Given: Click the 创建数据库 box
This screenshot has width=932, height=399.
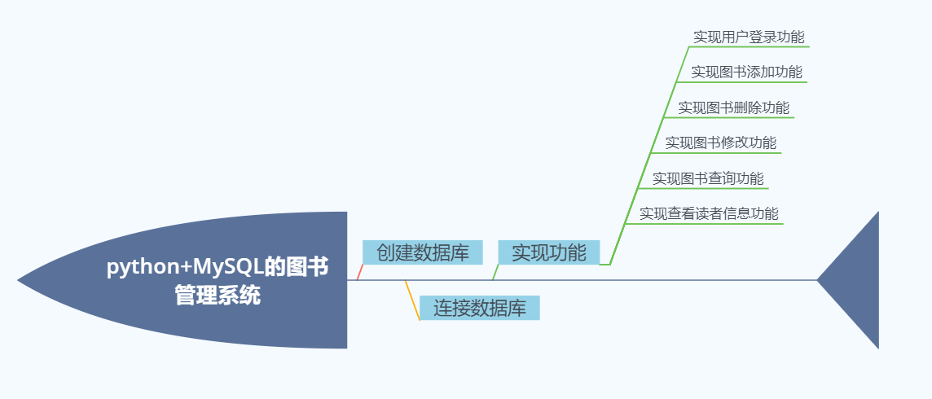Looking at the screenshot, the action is coord(422,252).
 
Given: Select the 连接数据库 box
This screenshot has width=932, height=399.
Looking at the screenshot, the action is coord(479,309).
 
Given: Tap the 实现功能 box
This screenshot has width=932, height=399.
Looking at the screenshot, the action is coord(548,252).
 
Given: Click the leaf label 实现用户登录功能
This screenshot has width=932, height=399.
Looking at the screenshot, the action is coord(748,37).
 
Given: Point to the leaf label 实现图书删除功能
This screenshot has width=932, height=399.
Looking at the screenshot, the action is coord(733,107).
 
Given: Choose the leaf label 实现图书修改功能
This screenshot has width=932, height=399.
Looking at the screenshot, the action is coord(720,142).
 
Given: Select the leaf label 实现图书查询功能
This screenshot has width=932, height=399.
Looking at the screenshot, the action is coord(707,178).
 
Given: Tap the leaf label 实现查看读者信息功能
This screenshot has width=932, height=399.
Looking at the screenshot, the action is coord(709,213).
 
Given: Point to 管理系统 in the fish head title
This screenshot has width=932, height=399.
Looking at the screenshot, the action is coord(218,295).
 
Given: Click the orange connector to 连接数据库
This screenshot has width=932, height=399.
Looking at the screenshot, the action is coord(412,300).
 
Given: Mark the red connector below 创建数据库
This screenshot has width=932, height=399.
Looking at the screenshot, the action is coord(359,272).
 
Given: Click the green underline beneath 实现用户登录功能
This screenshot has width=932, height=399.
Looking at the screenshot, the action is coord(750,47).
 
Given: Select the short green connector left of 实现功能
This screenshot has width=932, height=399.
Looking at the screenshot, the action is coord(495,272).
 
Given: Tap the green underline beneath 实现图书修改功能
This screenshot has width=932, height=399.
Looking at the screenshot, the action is coord(717,153).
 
